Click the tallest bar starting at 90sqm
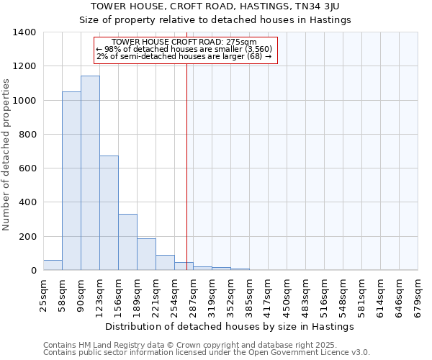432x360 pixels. pos(90,173)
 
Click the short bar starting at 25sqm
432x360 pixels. pos(53,265)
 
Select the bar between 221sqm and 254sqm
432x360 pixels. pos(165,263)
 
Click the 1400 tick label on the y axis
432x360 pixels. pos(24,32)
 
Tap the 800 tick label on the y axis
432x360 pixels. pos(27,135)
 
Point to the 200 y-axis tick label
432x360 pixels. pos(27,237)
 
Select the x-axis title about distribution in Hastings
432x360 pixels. pos(230,326)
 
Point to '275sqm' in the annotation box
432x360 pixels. pos(243,42)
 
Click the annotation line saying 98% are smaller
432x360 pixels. pos(186,50)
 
